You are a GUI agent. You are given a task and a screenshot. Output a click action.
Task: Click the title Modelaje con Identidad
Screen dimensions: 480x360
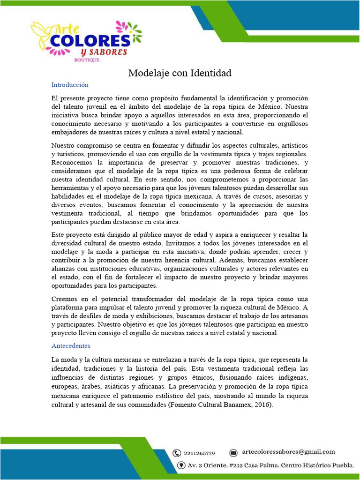coord(180,73)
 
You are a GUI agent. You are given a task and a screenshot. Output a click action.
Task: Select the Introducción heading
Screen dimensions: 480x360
coord(70,85)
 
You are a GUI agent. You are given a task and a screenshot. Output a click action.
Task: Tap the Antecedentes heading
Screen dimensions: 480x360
coord(71,345)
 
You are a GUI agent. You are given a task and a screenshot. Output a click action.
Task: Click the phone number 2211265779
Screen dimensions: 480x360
coord(199,453)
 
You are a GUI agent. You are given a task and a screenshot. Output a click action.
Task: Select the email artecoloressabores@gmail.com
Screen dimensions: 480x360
coord(288,452)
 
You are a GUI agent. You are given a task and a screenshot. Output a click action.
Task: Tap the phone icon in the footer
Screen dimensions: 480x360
coord(177,453)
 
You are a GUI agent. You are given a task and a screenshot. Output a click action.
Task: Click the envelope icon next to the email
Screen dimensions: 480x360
coord(233,453)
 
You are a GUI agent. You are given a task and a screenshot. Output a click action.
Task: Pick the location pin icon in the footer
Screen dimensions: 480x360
coord(181,465)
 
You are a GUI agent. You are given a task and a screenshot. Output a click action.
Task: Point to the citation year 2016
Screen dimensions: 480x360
coord(261,404)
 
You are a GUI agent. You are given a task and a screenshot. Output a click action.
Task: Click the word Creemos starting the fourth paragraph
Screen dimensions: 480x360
coord(66,299)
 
